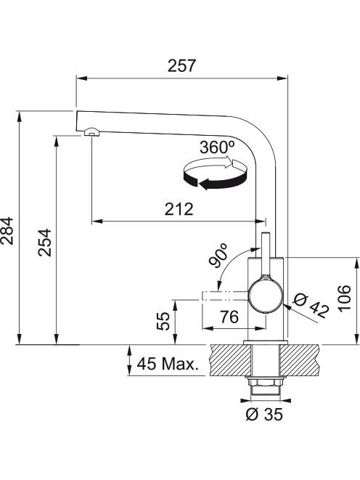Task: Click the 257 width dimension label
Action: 181,66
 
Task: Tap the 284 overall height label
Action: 7,231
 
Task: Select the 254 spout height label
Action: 45,242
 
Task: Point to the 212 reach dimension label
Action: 179,209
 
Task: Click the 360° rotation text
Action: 218,147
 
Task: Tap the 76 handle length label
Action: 229,317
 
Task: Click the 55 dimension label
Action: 163,321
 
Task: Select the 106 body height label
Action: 344,298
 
